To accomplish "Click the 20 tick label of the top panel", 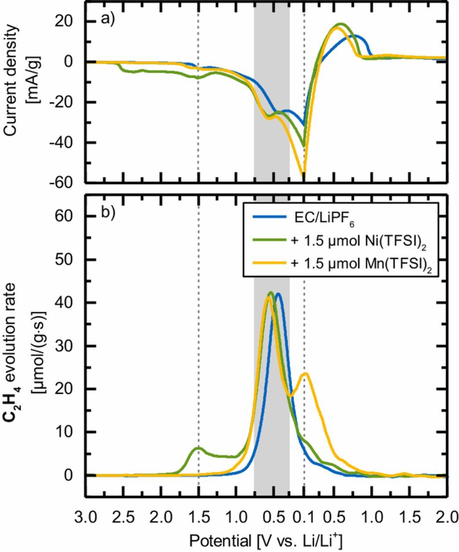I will pos(69,21).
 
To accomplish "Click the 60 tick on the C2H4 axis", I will pos(71,216).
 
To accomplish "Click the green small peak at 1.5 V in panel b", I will pos(198,448).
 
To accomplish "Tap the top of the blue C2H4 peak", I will pos(278,294).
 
